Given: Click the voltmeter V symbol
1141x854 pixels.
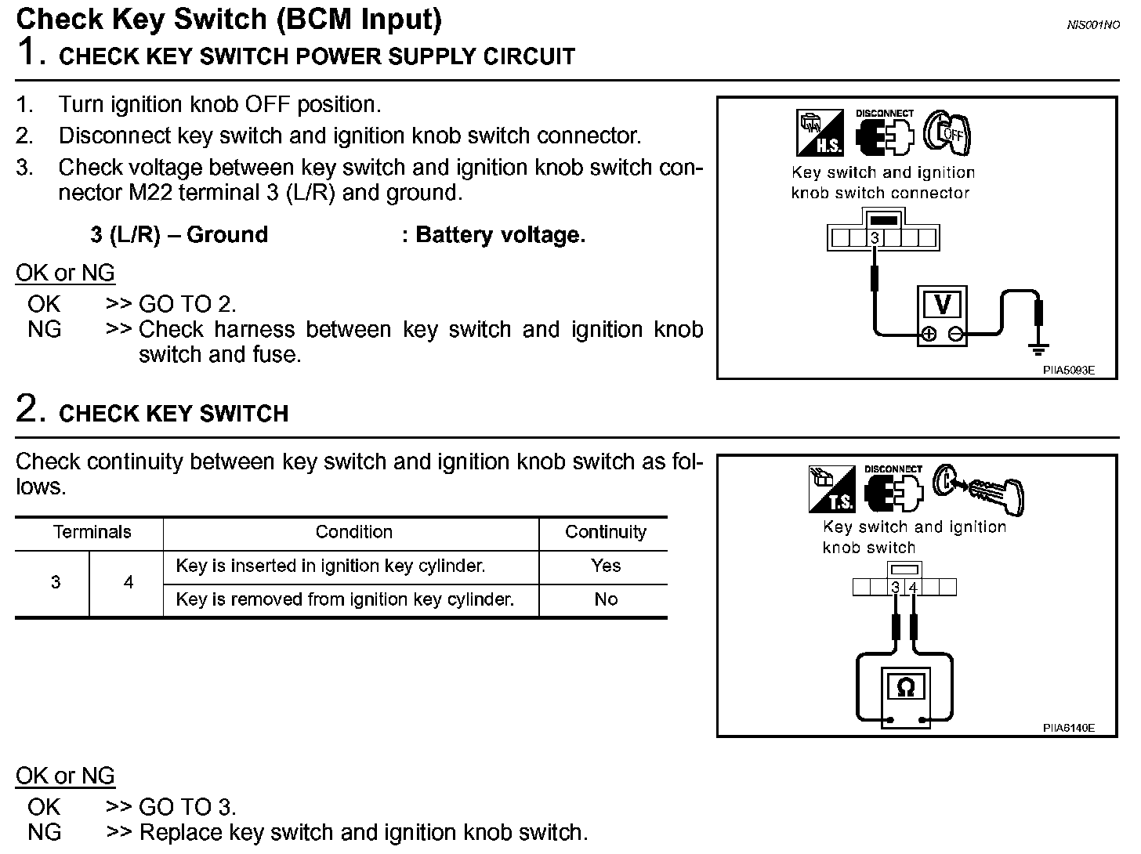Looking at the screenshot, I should (x=943, y=304).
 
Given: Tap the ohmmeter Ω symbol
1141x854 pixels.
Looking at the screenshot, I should (x=905, y=687).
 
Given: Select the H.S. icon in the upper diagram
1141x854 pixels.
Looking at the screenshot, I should (x=820, y=132).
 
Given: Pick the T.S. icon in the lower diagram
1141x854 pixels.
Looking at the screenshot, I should (x=832, y=489).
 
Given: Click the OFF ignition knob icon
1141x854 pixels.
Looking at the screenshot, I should (x=947, y=132).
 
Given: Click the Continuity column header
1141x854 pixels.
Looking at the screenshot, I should (x=605, y=533).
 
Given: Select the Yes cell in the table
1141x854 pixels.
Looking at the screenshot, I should (x=606, y=566).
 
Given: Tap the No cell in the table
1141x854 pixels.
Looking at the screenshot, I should (x=606, y=599).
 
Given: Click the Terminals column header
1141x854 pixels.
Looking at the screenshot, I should (x=92, y=533).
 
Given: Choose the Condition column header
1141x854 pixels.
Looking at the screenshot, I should (x=353, y=533).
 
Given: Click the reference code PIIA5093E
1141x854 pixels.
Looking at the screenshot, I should (x=1068, y=371).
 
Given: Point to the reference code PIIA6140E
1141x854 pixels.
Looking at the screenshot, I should (x=1068, y=728).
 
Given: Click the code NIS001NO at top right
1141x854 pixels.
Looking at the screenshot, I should (x=1093, y=25).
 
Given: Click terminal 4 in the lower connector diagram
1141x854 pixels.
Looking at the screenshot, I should (x=912, y=588).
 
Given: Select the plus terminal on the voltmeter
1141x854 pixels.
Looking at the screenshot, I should (x=929, y=335).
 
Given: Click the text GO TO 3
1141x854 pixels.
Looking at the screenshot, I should (x=187, y=807).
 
